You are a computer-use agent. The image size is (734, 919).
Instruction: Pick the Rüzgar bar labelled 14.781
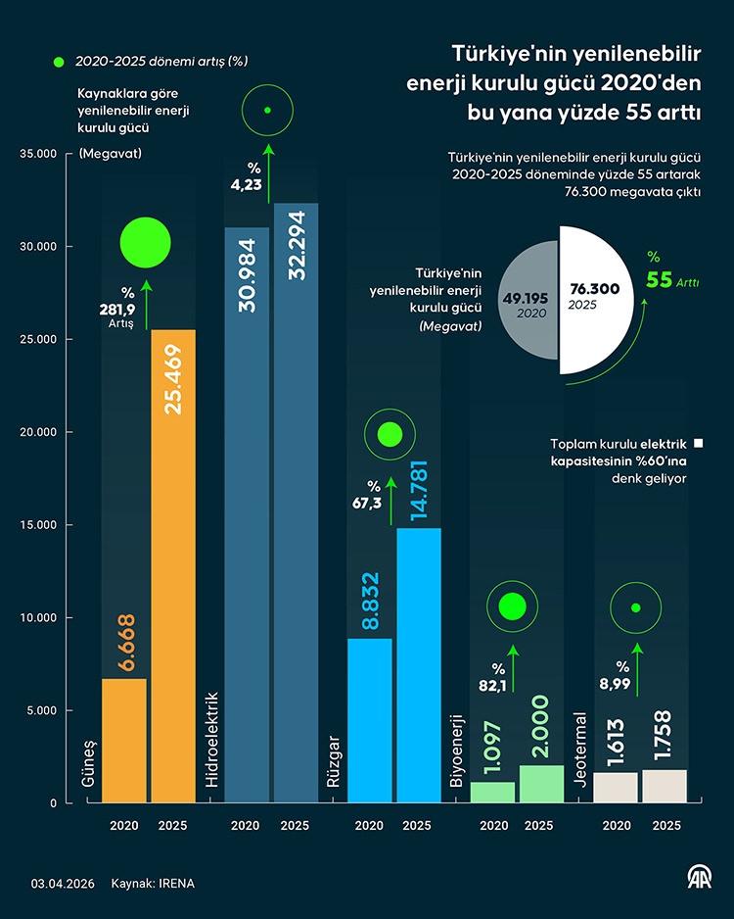[419, 665]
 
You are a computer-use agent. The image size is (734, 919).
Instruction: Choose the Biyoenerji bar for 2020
[492, 792]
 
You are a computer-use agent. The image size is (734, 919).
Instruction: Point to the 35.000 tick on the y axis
[39, 154]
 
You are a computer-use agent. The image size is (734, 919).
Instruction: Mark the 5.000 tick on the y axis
[43, 710]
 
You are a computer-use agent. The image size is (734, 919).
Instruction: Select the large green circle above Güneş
[146, 243]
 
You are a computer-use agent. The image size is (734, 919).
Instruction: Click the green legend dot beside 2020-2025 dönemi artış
[59, 62]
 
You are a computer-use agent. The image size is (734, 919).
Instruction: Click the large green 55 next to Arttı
[659, 281]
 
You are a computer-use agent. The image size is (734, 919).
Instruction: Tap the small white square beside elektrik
[699, 443]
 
